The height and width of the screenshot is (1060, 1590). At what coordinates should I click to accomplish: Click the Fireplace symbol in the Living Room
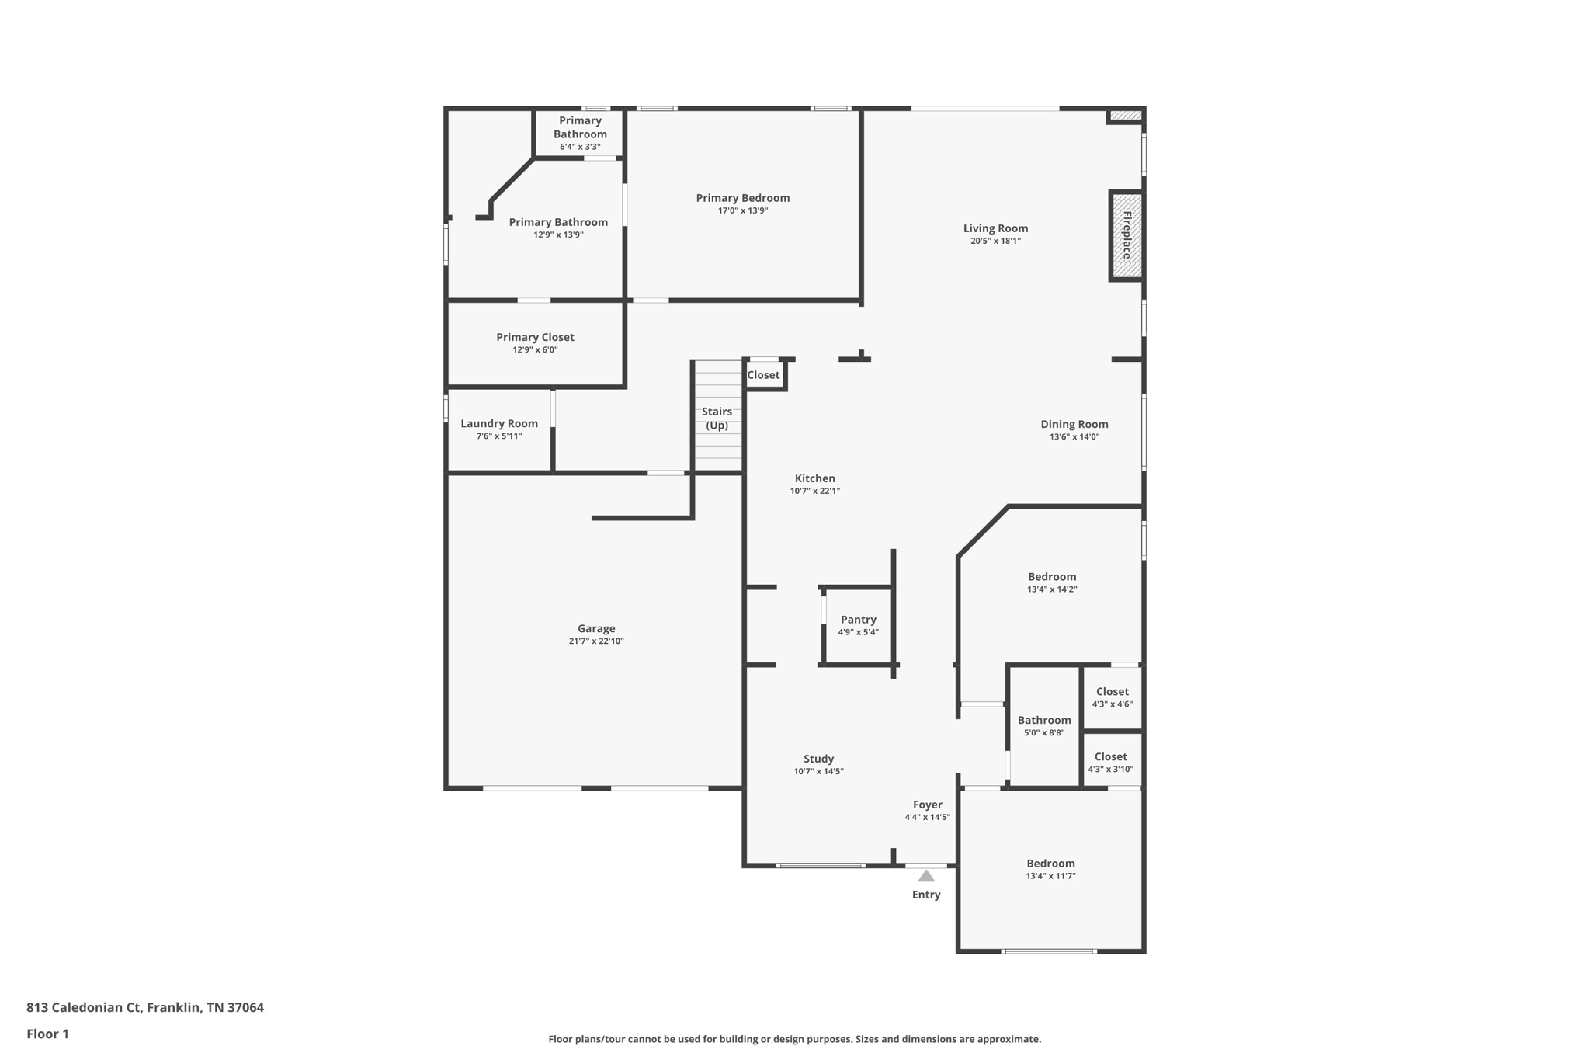tap(1126, 235)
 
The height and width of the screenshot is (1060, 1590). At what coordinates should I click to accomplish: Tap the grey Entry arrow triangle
tap(926, 876)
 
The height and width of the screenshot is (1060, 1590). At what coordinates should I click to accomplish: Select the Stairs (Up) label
tap(717, 418)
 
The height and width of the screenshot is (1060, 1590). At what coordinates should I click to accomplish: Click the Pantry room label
tap(859, 620)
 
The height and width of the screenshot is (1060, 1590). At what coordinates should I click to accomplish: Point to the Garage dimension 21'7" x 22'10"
tap(596, 641)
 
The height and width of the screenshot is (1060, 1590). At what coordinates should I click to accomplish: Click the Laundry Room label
tap(499, 423)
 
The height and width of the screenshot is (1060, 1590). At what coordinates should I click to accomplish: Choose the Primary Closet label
tap(535, 337)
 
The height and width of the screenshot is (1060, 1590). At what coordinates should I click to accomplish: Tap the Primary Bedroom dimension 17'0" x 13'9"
tap(743, 210)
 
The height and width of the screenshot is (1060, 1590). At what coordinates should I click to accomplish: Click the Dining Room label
tap(1074, 424)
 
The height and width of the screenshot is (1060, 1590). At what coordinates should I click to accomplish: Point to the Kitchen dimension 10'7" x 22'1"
tap(815, 491)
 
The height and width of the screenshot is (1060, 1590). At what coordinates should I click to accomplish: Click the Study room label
tap(818, 759)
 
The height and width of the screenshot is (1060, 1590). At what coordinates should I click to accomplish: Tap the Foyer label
tap(927, 805)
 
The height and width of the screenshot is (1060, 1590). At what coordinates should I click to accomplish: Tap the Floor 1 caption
tap(47, 1034)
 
